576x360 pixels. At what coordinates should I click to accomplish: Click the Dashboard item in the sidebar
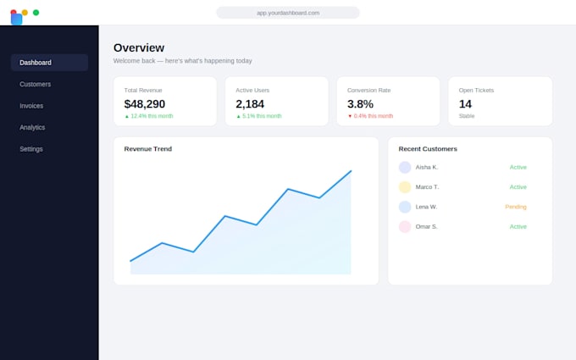coord(49,63)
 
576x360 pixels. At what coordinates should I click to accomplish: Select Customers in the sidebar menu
coord(36,84)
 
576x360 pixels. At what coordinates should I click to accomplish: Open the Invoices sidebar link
coord(31,106)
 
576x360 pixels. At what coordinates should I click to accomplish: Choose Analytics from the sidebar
coord(32,127)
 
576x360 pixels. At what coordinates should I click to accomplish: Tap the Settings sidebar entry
coord(31,149)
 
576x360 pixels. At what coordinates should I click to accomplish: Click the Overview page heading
coord(139,47)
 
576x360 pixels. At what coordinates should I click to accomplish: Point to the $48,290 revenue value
coord(145,104)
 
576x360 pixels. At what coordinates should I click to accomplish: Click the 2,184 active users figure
coord(250,104)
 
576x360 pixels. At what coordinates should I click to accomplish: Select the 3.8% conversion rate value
coord(360,104)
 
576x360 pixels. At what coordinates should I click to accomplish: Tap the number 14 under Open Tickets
coord(465,104)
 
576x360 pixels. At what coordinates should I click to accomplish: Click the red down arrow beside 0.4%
coord(350,116)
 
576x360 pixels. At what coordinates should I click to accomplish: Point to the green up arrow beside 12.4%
coord(127,116)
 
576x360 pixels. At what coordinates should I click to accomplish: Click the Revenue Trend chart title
coord(148,149)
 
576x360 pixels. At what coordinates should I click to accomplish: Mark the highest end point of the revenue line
coord(352,171)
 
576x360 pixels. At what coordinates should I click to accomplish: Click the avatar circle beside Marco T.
coord(405,187)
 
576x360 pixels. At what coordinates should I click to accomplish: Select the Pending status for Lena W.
coord(516,207)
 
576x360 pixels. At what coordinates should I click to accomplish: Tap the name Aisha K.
coord(427,167)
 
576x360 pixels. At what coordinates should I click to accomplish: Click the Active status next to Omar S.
coord(518,227)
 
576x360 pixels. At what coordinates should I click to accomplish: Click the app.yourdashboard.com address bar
coord(288,13)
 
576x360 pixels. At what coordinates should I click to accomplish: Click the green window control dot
coord(36,13)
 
